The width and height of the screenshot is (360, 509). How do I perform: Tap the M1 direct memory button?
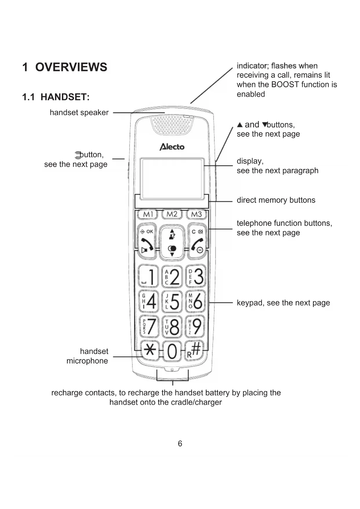click(147, 214)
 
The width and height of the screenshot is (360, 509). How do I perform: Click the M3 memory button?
click(196, 214)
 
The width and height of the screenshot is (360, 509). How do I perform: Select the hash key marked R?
click(195, 350)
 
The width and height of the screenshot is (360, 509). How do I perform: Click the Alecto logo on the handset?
click(172, 147)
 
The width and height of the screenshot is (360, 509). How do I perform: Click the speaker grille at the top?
click(172, 125)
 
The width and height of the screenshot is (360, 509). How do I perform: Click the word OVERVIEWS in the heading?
click(71, 67)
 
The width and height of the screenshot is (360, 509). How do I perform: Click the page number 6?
click(180, 443)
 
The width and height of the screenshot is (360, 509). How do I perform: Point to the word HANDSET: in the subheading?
click(65, 97)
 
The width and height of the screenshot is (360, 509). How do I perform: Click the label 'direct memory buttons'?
click(276, 200)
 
